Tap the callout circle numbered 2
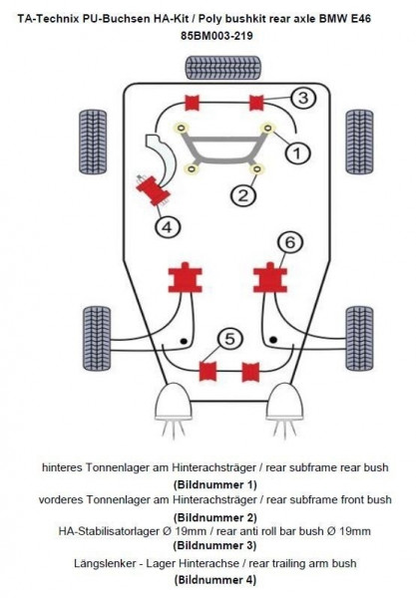pyautogui.click(x=241, y=194)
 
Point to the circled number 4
pyautogui.click(x=169, y=227)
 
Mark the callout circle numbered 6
pyautogui.click(x=288, y=242)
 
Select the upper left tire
pyautogui.click(x=98, y=138)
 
